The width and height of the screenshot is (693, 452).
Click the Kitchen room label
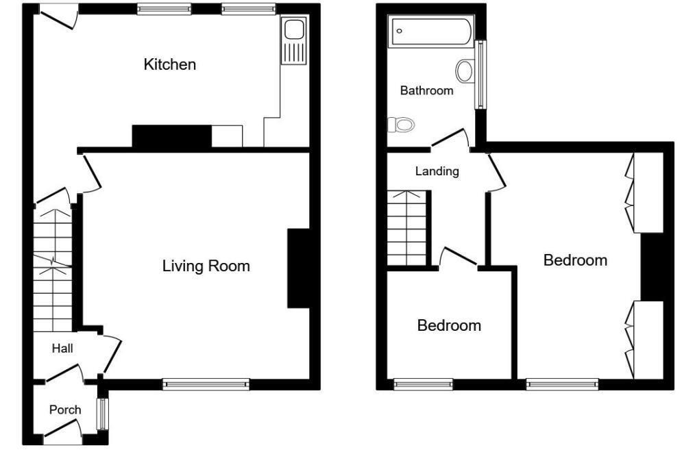[x=169, y=64]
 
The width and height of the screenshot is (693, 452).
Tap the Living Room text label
[x=206, y=266]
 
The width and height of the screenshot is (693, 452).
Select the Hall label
[x=62, y=349]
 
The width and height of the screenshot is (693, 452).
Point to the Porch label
[x=65, y=410]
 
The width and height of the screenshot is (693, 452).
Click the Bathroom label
[x=426, y=90]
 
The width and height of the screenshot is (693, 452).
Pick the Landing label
[x=437, y=171]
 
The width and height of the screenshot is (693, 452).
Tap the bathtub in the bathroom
[x=430, y=32]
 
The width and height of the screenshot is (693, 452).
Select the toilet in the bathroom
[x=401, y=125]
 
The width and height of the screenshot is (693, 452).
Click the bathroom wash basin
[x=465, y=71]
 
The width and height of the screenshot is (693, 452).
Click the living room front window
[x=206, y=385]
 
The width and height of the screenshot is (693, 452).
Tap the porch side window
[x=104, y=413]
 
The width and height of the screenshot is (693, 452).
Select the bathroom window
[x=481, y=75]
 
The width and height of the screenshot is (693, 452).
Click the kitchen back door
[x=58, y=15]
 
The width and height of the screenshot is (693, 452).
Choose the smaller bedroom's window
[x=423, y=385]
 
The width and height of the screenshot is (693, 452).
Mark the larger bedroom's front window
[x=562, y=385]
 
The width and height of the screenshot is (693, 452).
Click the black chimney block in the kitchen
[x=171, y=136]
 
